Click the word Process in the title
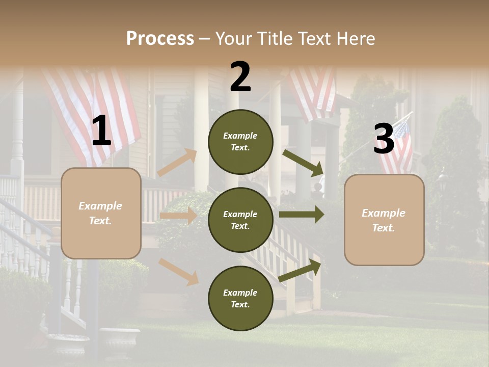click(x=160, y=39)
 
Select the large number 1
click(x=101, y=132)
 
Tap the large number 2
click(x=240, y=77)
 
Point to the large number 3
click(x=384, y=139)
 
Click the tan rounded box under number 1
click(x=101, y=213)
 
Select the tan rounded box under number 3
click(x=384, y=220)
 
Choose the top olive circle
click(x=240, y=142)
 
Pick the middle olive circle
click(x=240, y=220)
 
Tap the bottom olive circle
click(x=240, y=299)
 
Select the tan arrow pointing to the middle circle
click(x=178, y=216)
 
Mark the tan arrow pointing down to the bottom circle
click(x=179, y=272)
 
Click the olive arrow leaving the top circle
click(x=304, y=163)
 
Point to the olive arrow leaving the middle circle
click(x=302, y=214)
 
